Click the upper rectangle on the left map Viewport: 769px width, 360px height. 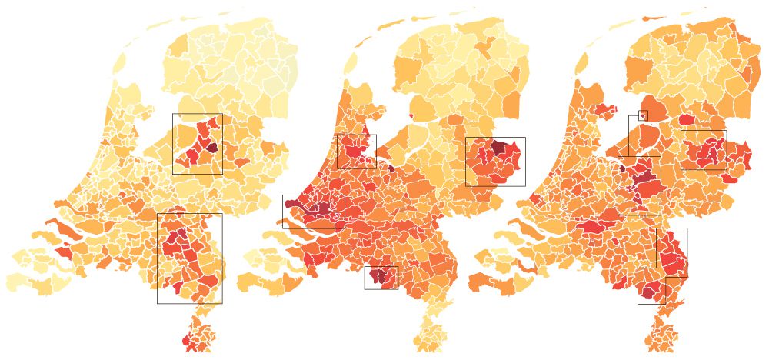pyautogui.click(x=197, y=115)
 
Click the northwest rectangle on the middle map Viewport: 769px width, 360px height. pyautogui.click(x=356, y=135)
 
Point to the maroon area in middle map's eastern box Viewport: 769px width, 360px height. pyautogui.click(x=499, y=147)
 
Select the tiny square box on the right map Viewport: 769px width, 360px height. pyautogui.click(x=643, y=115)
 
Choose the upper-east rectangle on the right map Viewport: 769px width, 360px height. pyautogui.click(x=704, y=131)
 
